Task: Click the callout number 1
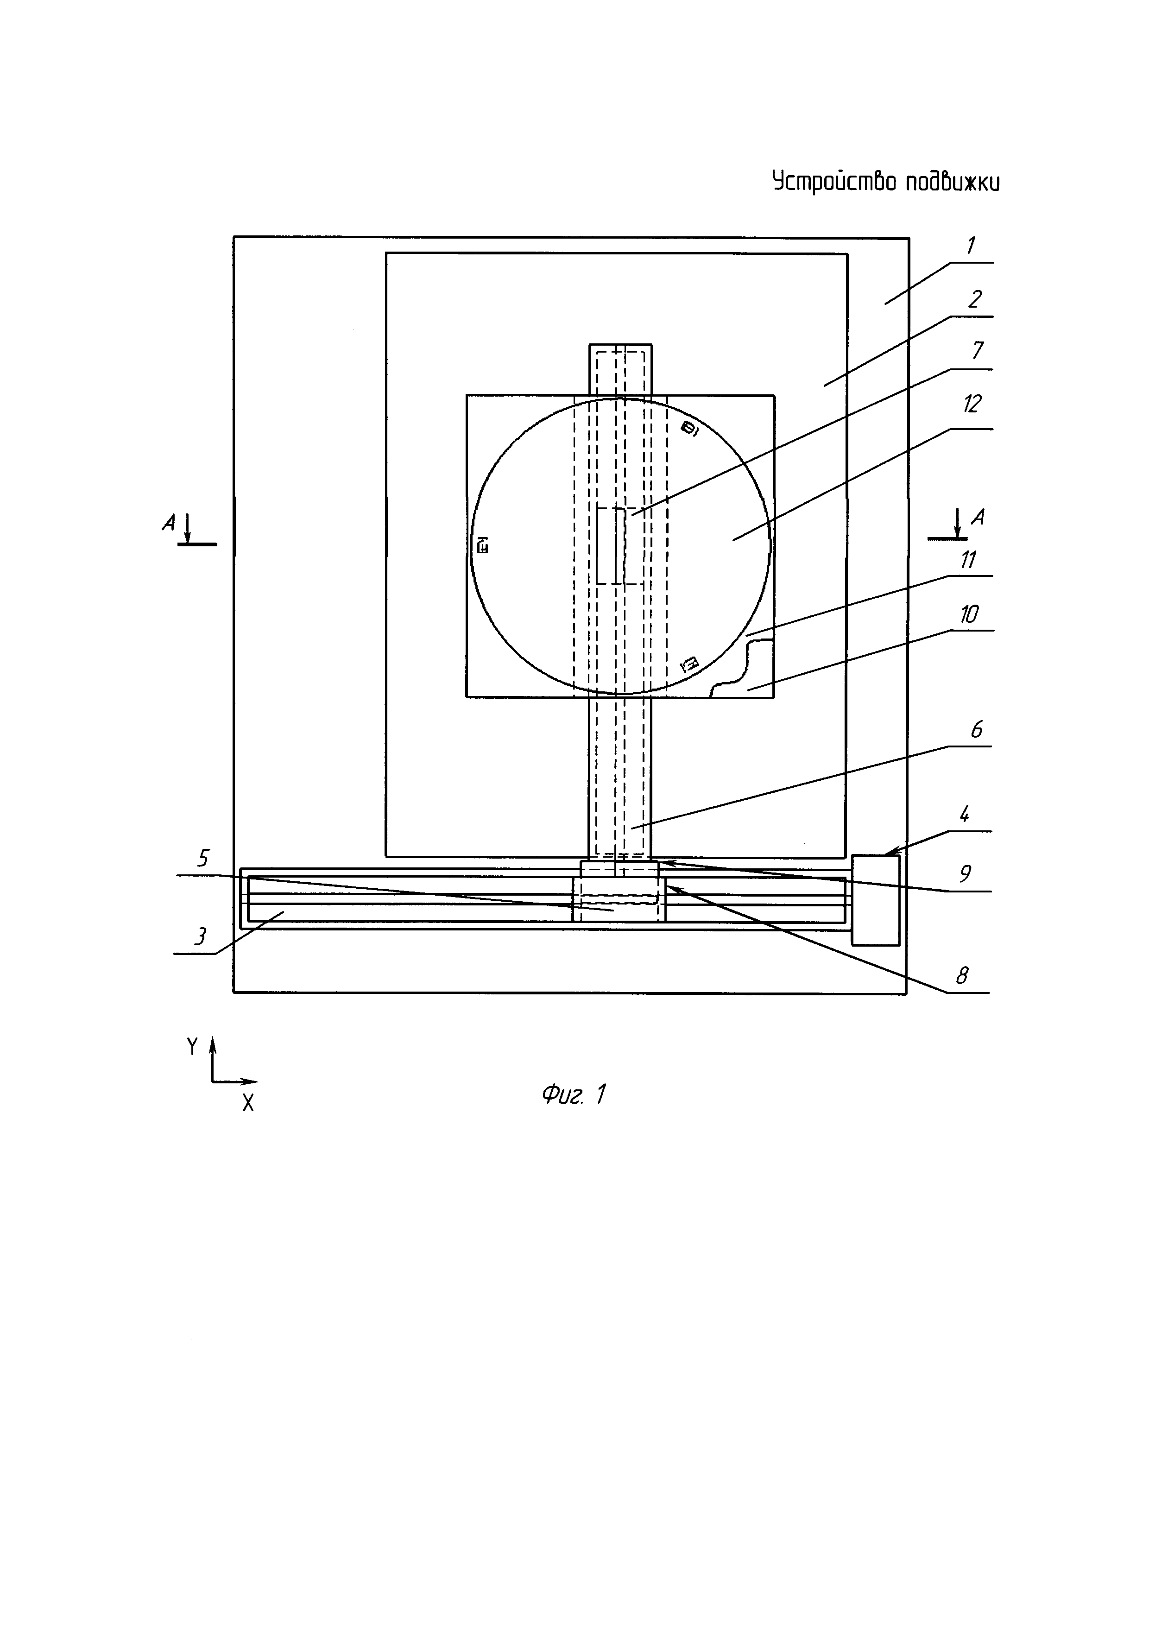(971, 247)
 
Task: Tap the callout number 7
(978, 350)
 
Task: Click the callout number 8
(961, 977)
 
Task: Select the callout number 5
(203, 859)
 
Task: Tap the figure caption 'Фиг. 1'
(574, 1095)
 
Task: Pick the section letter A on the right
(977, 518)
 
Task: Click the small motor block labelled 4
(875, 900)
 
